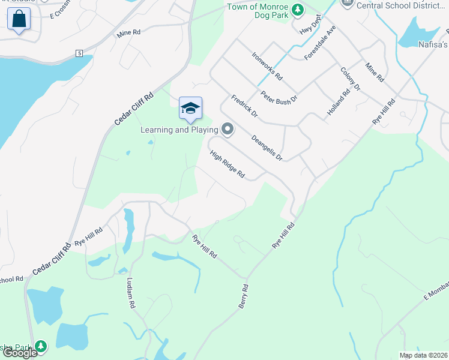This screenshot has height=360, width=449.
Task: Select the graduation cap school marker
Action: pos(190,109)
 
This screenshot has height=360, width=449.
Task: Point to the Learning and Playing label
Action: pos(179,130)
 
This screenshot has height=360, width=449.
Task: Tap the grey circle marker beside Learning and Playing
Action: pos(228,129)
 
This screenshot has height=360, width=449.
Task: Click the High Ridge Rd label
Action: pos(228,164)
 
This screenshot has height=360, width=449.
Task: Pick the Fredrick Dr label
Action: pos(244,106)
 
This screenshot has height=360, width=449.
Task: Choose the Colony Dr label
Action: pos(350,79)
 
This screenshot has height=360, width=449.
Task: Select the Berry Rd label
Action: pos(243,296)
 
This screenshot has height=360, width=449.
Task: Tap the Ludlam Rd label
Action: pos(131,293)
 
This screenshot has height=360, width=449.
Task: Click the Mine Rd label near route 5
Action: pos(128,34)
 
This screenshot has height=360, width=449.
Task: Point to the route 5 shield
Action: pos(79,53)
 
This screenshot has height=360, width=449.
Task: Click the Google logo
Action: pos(20,353)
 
